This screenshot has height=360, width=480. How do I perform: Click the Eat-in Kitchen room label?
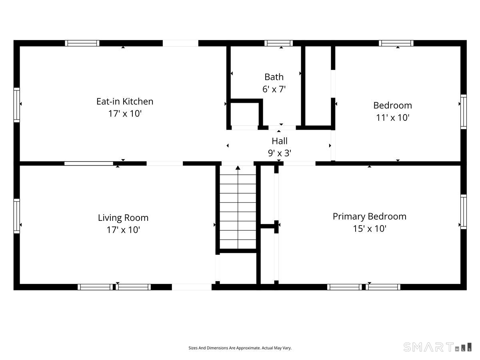pyautogui.click(x=125, y=102)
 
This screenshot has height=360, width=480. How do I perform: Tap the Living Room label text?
pyautogui.click(x=123, y=218)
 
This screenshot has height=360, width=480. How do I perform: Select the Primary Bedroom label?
pyautogui.click(x=369, y=217)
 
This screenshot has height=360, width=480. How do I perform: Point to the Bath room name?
pyautogui.click(x=274, y=77)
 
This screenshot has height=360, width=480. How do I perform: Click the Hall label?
pyautogui.click(x=280, y=141)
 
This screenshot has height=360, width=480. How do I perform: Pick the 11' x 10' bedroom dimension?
pyautogui.click(x=392, y=118)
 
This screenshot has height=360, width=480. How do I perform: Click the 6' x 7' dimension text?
pyautogui.click(x=274, y=89)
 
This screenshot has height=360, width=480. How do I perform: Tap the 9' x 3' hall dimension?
pyautogui.click(x=280, y=153)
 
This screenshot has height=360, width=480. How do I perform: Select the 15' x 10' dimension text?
pyautogui.click(x=370, y=229)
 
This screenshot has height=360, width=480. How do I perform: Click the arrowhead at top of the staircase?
pyautogui.click(x=238, y=168)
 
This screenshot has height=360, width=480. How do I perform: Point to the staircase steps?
pyautogui.click(x=238, y=207)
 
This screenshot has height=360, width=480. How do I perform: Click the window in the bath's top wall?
pyautogui.click(x=278, y=43)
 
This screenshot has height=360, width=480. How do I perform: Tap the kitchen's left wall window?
pyautogui.click(x=17, y=105)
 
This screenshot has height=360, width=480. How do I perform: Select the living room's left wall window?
pyautogui.click(x=17, y=216)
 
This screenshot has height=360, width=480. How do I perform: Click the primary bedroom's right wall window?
pyautogui.click(x=463, y=212)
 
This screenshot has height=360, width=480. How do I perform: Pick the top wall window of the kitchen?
pyautogui.click(x=82, y=43)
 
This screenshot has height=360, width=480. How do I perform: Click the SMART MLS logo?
pyautogui.click(x=437, y=347)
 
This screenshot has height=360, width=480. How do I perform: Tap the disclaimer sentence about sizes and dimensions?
pyautogui.click(x=240, y=348)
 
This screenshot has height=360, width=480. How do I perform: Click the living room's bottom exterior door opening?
pyautogui.click(x=192, y=287)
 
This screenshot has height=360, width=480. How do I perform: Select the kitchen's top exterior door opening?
pyautogui.click(x=180, y=43)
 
